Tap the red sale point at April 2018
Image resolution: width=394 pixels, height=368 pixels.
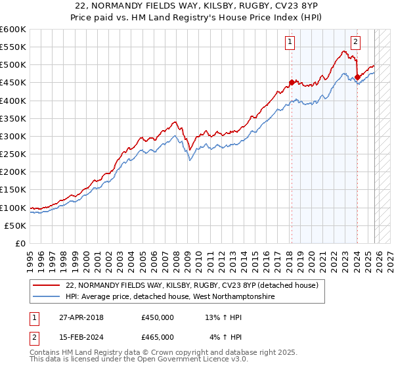point(292,83)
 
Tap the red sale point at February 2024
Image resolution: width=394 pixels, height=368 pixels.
point(357,78)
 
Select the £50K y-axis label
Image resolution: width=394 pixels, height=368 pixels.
point(16,225)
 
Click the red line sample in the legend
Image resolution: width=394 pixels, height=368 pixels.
point(47,285)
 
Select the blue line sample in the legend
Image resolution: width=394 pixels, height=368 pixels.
point(47,297)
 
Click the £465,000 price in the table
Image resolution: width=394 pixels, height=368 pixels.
point(158,336)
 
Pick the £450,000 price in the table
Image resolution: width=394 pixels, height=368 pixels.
point(158,317)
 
